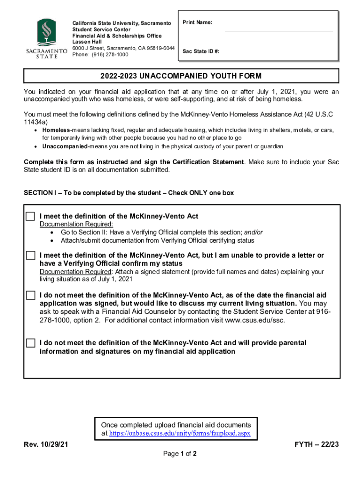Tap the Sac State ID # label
[201, 51]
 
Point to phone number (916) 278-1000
[100, 55]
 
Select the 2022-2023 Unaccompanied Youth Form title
[181, 76]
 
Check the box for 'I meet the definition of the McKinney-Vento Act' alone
[30, 216]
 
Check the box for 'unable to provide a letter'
[30, 255]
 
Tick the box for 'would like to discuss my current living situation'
[30, 295]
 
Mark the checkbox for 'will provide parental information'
[30, 343]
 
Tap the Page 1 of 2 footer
[180, 454]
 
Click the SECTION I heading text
[129, 193]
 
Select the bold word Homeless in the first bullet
[56, 130]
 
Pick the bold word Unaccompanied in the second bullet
[65, 146]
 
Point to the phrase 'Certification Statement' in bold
[208, 162]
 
